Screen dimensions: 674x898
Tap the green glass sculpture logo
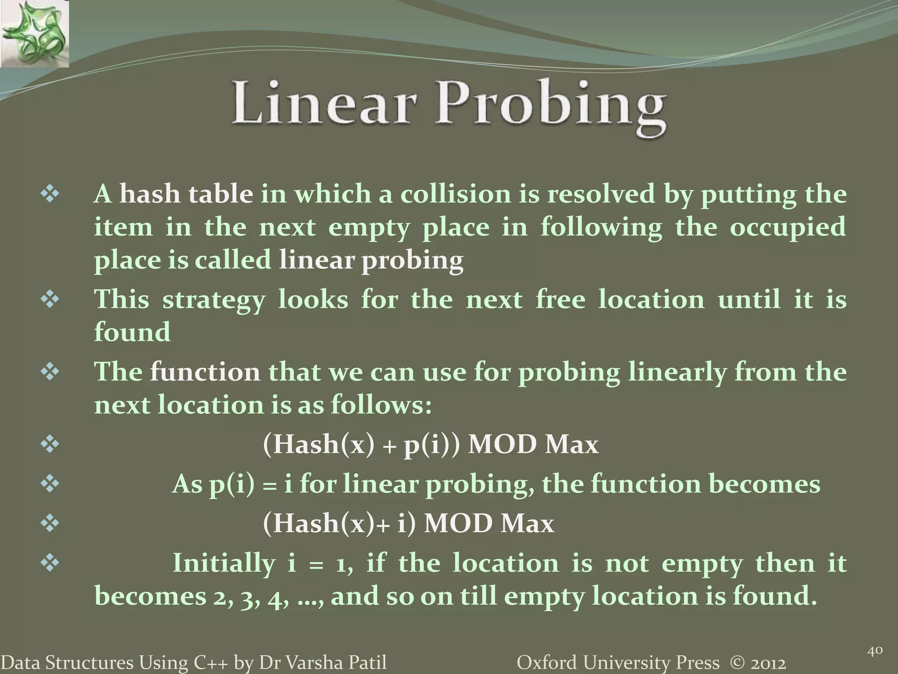click(x=34, y=34)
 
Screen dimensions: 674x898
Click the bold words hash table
click(x=186, y=194)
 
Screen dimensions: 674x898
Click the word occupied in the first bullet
click(x=788, y=228)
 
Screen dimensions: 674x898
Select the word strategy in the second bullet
click(x=214, y=301)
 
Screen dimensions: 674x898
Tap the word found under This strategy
click(x=132, y=332)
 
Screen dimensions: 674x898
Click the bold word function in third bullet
click(x=205, y=372)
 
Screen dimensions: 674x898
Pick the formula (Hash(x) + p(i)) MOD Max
click(x=430, y=445)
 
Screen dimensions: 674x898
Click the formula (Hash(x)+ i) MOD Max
click(x=408, y=523)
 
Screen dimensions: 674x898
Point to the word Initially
click(x=224, y=563)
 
